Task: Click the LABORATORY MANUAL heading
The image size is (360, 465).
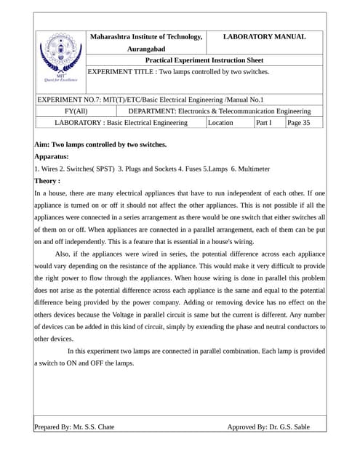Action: click(x=264, y=36)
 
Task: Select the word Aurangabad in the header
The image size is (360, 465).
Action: click(x=146, y=49)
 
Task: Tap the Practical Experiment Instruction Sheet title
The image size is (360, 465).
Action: click(x=204, y=60)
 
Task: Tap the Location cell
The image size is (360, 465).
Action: click(x=220, y=123)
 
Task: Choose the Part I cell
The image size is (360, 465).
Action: click(x=263, y=123)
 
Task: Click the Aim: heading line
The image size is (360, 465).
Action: click(x=100, y=145)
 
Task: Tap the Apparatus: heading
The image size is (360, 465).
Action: click(x=52, y=156)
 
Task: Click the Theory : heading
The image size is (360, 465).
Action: click(x=47, y=181)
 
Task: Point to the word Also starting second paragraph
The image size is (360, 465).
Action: click(x=63, y=254)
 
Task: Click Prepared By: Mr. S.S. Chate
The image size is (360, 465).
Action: click(x=74, y=427)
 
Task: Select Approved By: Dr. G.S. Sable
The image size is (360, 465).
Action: click(x=268, y=427)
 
